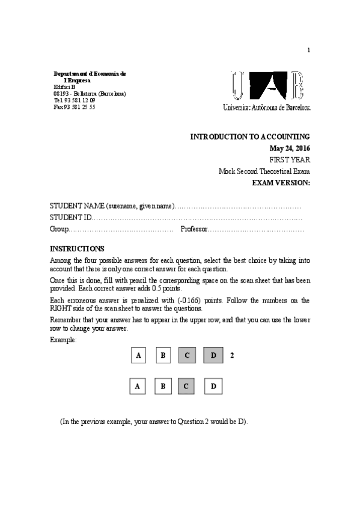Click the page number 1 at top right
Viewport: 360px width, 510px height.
coord(308,50)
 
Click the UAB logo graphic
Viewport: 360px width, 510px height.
coord(270,87)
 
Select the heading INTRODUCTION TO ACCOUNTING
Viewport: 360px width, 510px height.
coord(250,137)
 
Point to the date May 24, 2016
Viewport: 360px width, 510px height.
coord(290,149)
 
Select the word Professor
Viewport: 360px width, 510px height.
coord(194,229)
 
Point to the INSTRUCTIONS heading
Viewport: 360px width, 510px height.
coord(77,248)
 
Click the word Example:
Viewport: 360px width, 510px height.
coord(63,340)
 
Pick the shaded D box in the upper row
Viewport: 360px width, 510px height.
coord(213,355)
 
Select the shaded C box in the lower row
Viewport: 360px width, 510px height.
coord(186,386)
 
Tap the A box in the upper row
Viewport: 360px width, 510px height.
coord(139,355)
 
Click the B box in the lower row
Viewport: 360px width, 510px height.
coord(162,386)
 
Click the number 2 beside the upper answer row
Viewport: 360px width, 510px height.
coord(232,355)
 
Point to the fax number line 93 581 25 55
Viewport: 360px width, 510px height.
coord(75,106)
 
